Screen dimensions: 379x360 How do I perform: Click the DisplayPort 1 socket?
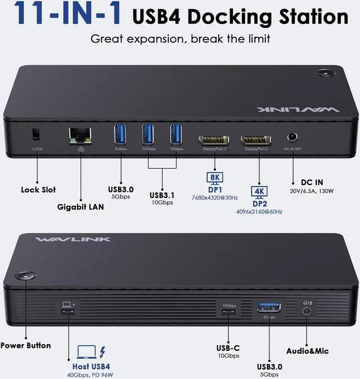(212, 139)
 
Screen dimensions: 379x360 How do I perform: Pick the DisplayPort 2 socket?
(255, 139)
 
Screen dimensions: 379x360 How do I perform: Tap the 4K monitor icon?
(260, 191)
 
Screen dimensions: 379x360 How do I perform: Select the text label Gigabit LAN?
(80, 206)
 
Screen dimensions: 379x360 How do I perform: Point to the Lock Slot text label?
(38, 189)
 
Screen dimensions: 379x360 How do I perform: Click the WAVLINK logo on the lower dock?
(73, 239)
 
